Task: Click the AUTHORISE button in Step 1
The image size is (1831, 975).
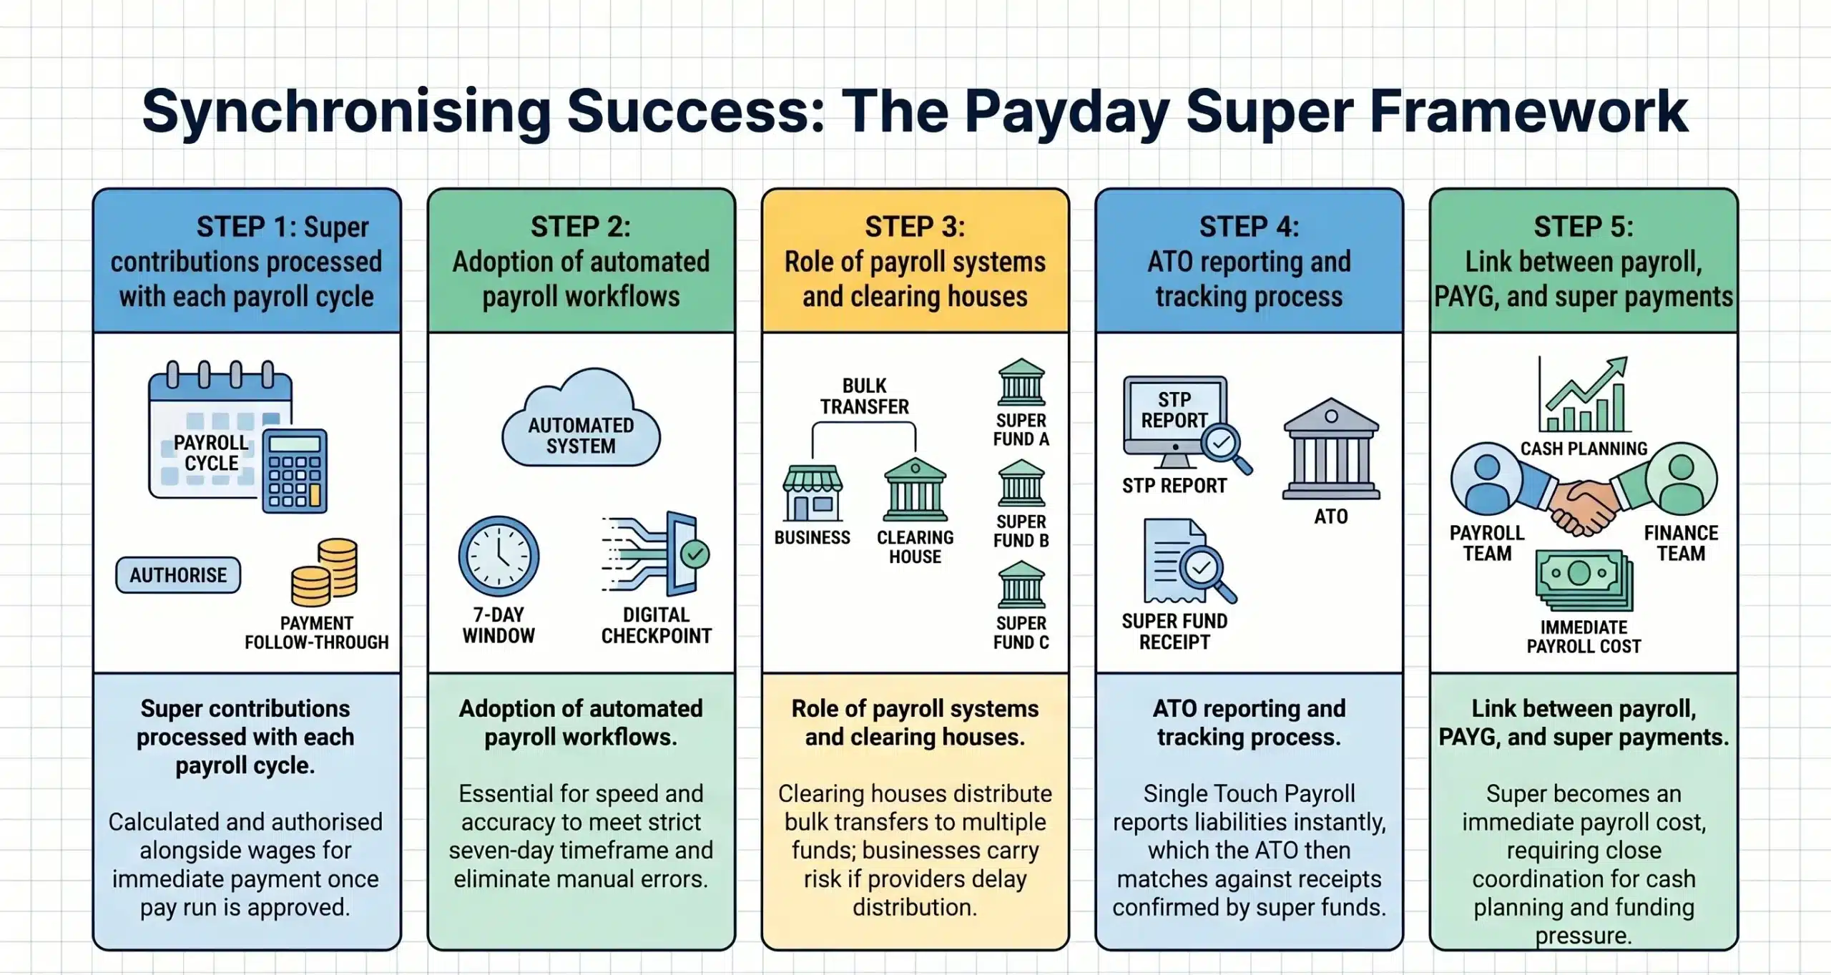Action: (178, 575)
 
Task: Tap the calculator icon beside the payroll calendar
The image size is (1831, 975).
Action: (295, 471)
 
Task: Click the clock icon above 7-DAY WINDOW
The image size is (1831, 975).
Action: (499, 557)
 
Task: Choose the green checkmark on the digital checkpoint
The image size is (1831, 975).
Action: (694, 554)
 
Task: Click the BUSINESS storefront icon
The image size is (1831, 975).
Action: (813, 494)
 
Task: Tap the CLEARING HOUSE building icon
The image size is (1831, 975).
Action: (915, 491)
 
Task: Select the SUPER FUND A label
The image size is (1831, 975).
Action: (1021, 430)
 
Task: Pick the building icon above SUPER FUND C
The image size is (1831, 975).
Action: (1021, 585)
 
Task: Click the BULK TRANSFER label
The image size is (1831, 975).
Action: (864, 396)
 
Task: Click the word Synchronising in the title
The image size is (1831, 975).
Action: (346, 112)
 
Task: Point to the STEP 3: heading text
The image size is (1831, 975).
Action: (915, 227)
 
